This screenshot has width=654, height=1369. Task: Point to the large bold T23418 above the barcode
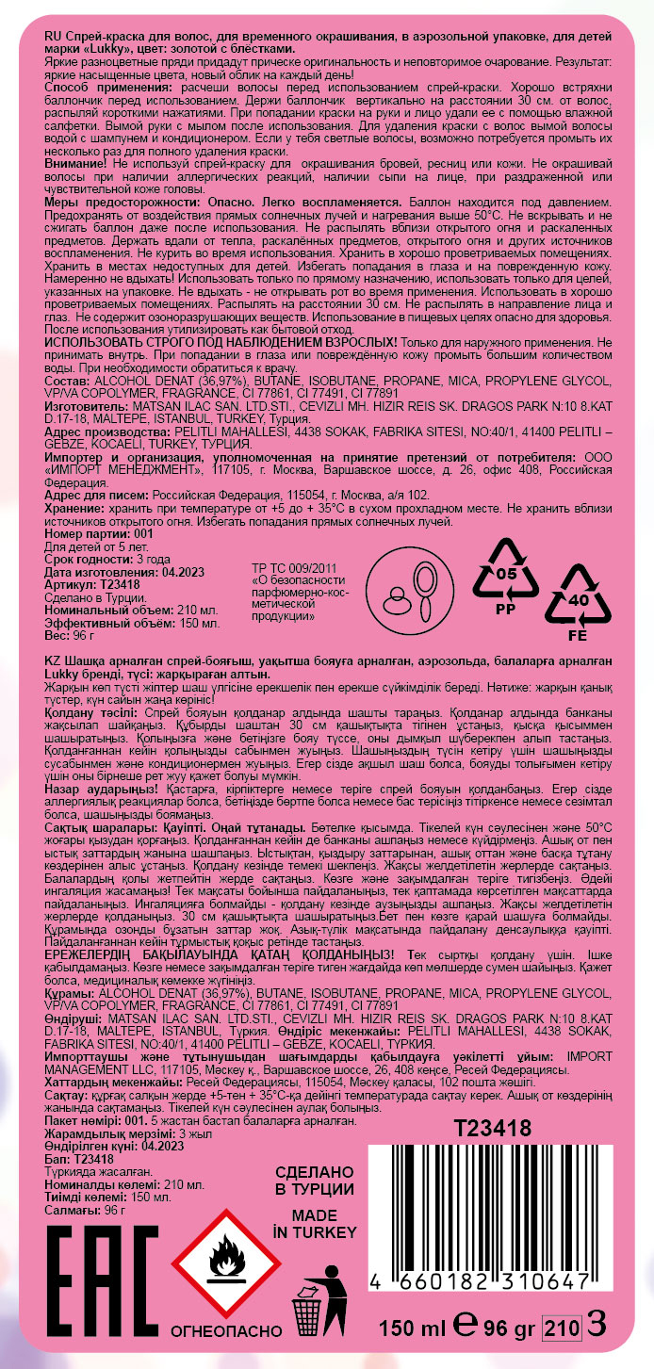pyautogui.click(x=493, y=1128)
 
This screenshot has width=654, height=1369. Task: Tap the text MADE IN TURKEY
pyautogui.click(x=315, y=1223)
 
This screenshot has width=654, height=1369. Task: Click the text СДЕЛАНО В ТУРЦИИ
pyautogui.click(x=315, y=1180)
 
